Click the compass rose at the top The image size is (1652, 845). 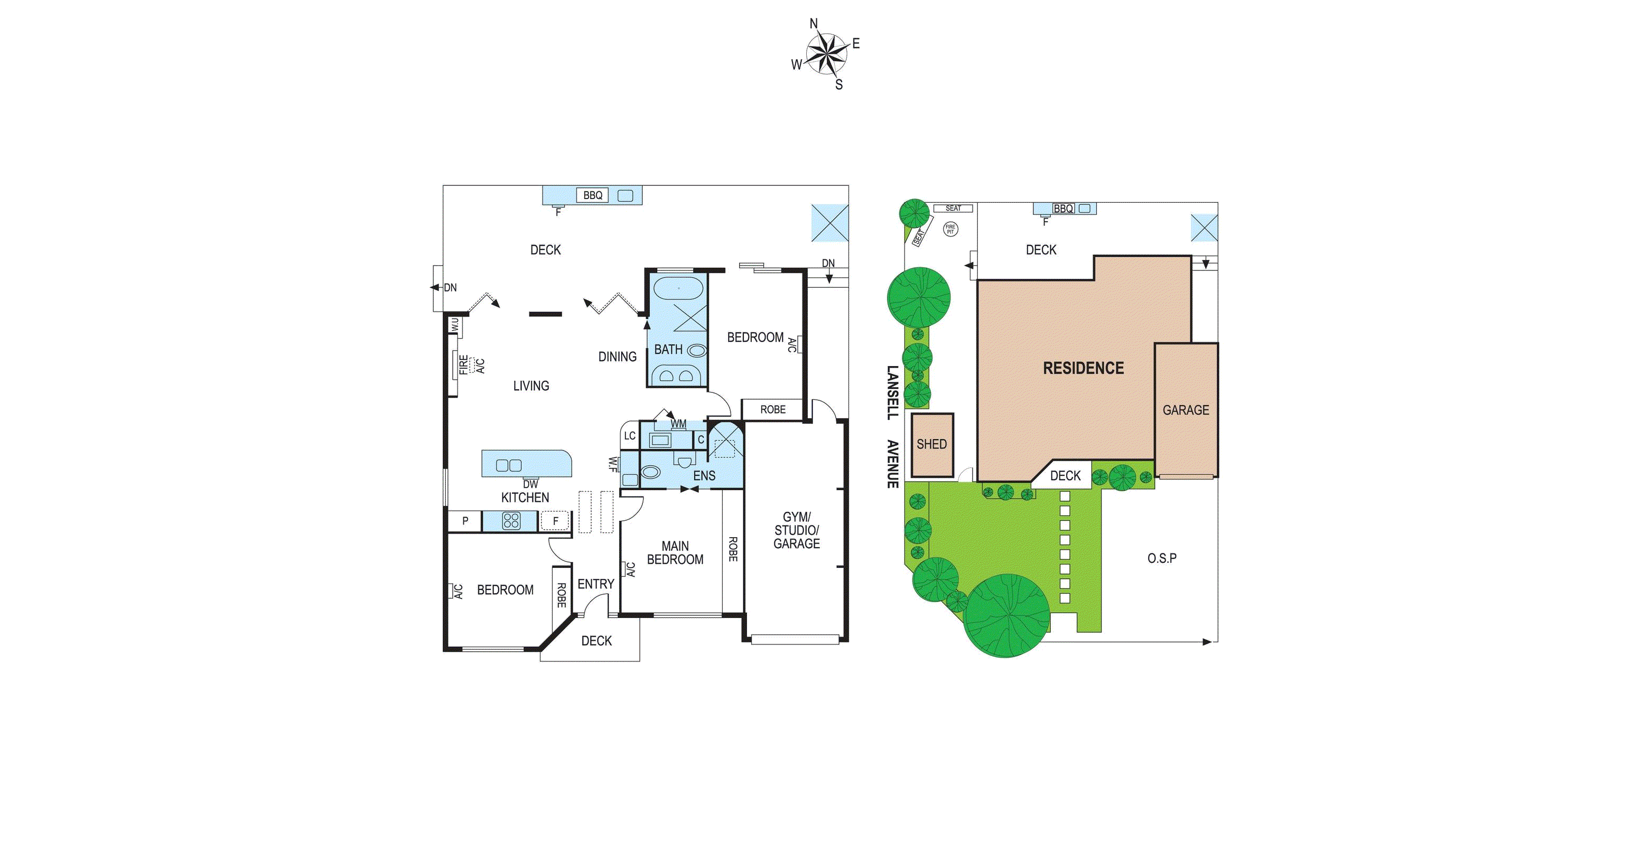[x=826, y=54]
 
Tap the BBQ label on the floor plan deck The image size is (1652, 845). [x=593, y=195]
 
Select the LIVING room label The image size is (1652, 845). [x=531, y=386]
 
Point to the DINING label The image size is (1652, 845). [x=617, y=356]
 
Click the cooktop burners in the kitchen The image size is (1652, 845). [x=511, y=521]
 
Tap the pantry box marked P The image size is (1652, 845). [x=465, y=521]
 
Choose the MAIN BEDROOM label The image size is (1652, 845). [x=675, y=552]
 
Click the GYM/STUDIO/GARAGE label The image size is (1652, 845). [x=797, y=530]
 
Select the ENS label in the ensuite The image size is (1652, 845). [x=704, y=476]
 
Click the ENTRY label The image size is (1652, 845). [x=596, y=584]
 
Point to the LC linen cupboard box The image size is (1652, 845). [x=630, y=436]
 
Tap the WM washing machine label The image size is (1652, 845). [x=678, y=424]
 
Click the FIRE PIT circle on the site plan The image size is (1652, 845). [x=950, y=229]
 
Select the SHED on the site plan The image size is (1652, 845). [x=932, y=444]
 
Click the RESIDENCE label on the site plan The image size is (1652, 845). [x=1083, y=368]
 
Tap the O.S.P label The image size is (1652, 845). [x=1161, y=558]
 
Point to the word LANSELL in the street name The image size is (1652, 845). [x=892, y=392]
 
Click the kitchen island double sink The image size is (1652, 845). [x=509, y=465]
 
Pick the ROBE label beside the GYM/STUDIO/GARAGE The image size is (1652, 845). [x=732, y=549]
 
